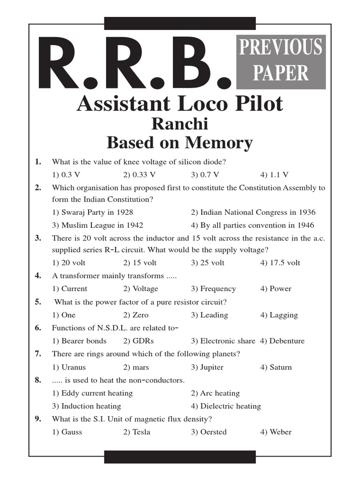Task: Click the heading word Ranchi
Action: tap(180, 124)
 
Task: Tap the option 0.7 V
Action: tap(205, 175)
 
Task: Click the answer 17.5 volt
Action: tap(280, 262)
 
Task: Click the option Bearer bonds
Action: tap(79, 341)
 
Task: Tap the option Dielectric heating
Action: tap(225, 406)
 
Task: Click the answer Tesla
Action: tap(136, 432)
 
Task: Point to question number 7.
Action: tap(37, 354)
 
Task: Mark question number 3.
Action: tap(37, 238)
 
